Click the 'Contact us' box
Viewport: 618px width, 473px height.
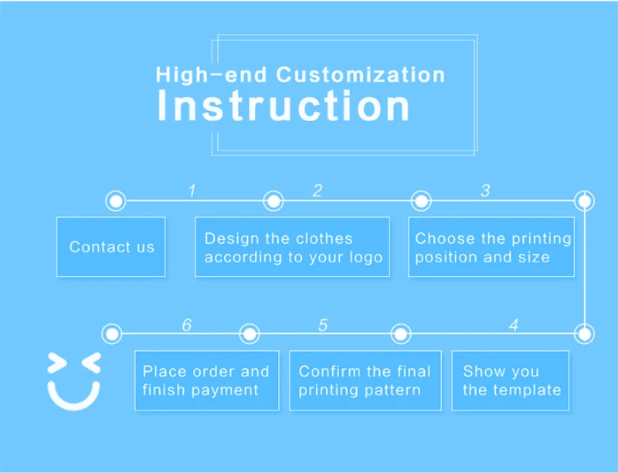[111, 247]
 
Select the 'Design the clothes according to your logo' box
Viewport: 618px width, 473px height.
[292, 247]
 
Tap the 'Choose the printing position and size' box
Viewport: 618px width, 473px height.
[491, 247]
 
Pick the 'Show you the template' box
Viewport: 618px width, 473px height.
[511, 380]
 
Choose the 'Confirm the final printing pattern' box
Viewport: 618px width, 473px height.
[365, 380]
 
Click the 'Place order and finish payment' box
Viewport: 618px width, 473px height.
[206, 380]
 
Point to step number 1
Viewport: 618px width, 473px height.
[192, 191]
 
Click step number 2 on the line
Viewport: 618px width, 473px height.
[317, 191]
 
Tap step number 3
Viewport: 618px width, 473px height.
[485, 191]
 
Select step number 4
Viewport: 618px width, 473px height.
[514, 325]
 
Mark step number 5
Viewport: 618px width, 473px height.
[323, 325]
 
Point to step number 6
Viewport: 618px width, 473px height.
[186, 325]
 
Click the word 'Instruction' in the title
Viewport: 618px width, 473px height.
[283, 106]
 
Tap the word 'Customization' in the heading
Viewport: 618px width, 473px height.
[361, 75]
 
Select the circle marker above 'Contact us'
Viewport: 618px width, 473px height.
[115, 201]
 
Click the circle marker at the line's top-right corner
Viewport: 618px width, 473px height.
[585, 201]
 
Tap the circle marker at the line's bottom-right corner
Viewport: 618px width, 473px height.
[585, 334]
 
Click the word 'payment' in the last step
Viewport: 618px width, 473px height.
[225, 390]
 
